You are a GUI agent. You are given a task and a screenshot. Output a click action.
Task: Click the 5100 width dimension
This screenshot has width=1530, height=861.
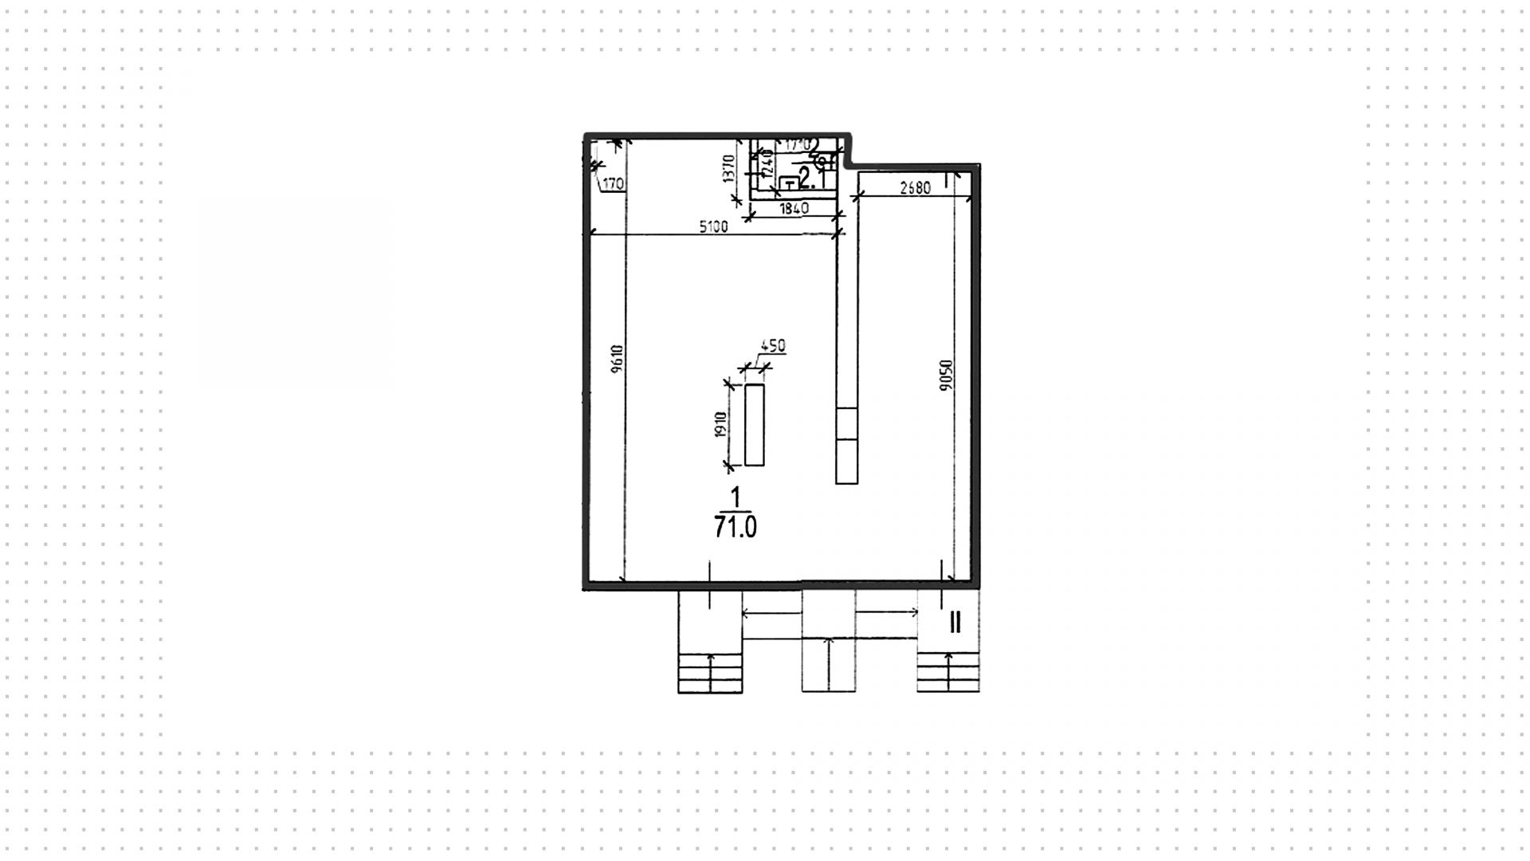pos(713,226)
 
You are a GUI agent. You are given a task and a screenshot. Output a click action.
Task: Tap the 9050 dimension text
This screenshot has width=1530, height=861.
pos(946,375)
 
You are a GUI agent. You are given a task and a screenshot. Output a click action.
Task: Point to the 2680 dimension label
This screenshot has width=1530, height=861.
pos(915,188)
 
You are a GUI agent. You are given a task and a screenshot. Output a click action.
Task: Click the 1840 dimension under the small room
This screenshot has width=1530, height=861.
pos(794,209)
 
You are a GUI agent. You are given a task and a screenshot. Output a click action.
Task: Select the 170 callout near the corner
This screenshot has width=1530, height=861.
pos(613,185)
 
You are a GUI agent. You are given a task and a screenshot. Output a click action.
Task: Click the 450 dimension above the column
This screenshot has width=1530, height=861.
pos(773,346)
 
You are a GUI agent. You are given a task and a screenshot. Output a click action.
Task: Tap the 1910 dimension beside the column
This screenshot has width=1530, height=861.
pos(721,424)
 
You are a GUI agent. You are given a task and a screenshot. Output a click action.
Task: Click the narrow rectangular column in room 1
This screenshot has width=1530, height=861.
pos(754,424)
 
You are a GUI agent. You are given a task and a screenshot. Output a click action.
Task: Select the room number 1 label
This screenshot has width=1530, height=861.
pos(735,498)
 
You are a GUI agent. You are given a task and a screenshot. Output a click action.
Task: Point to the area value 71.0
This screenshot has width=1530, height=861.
pos(735,527)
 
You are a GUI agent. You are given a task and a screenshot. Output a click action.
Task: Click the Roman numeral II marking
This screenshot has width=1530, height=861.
pos(955,622)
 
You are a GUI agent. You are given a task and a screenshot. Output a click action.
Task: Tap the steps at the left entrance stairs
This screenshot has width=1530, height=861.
pos(710,673)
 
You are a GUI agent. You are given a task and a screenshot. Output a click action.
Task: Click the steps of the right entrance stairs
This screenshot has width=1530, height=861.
pos(947,673)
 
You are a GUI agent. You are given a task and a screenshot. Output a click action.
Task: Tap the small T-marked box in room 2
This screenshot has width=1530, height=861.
pos(789,183)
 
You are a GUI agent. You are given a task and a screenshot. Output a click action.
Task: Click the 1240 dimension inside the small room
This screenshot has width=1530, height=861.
pos(767,166)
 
